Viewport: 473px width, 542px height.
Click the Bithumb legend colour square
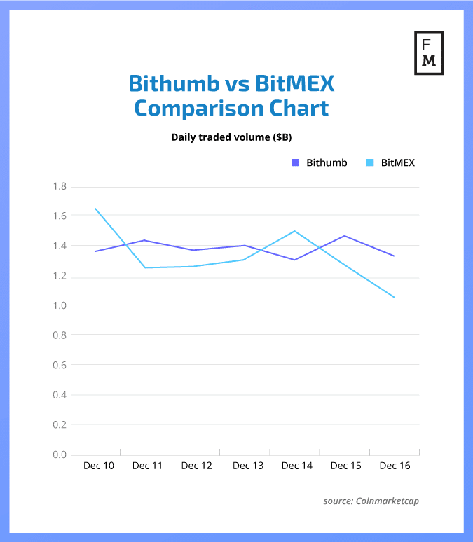pos(295,162)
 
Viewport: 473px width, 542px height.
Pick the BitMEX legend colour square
pos(370,162)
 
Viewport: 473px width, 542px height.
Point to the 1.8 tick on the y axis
pos(59,186)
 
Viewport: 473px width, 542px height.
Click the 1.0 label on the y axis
pos(59,305)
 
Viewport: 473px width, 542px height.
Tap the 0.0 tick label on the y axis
pos(59,454)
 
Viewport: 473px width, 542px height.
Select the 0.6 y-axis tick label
pos(59,365)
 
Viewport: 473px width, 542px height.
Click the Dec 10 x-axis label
pos(99,466)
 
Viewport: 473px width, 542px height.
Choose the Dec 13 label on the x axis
pos(247,466)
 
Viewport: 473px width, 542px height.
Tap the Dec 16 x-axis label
pos(395,466)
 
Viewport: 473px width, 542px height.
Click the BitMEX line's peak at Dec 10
pos(95,209)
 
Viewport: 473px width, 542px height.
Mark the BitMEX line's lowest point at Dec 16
pos(395,297)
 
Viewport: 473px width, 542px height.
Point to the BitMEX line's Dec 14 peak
pos(295,231)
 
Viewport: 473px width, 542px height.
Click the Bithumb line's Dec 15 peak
pos(345,236)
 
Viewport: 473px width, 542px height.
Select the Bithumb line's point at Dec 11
pos(144,240)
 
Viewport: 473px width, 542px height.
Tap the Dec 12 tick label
pos(197,466)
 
